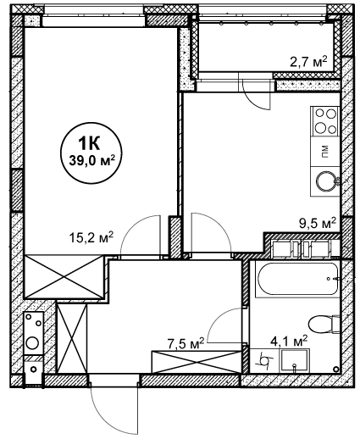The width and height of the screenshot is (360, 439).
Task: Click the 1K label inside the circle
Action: click(x=91, y=144)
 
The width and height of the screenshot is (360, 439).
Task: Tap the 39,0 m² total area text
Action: click(x=92, y=161)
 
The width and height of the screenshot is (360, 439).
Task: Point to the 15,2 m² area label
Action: click(x=91, y=237)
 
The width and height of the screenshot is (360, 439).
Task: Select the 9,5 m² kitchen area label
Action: click(x=318, y=223)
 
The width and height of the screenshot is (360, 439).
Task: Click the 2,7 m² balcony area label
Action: click(x=308, y=61)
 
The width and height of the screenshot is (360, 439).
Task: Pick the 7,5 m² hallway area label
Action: click(x=186, y=343)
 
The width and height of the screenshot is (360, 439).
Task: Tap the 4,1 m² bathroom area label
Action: click(x=289, y=342)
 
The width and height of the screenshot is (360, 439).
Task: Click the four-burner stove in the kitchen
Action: click(x=325, y=121)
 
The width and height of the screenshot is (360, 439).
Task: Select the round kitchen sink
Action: click(x=325, y=181)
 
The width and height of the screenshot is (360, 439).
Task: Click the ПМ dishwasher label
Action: click(x=325, y=152)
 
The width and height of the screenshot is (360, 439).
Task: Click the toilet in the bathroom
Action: click(x=324, y=325)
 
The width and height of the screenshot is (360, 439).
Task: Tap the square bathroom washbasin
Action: click(x=295, y=361)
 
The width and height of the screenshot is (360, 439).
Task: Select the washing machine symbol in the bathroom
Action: click(x=265, y=361)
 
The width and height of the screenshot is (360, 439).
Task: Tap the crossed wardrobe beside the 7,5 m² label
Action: click(x=197, y=362)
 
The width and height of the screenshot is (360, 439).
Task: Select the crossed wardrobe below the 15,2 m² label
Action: click(x=64, y=276)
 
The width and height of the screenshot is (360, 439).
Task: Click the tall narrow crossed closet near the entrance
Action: click(x=72, y=338)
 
